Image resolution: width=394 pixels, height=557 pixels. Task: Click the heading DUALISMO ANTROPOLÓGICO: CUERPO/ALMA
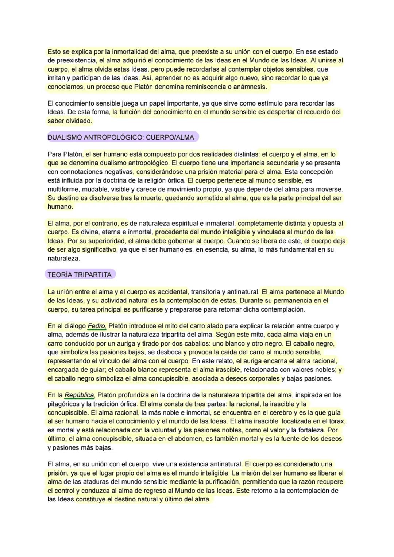(x=121, y=137)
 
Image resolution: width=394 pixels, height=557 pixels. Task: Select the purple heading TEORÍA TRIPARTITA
(x=80, y=275)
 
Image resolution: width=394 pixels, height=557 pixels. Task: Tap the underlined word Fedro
(x=96, y=326)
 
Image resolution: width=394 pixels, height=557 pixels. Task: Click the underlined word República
(x=79, y=395)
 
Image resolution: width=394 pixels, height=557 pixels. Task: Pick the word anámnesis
(x=250, y=87)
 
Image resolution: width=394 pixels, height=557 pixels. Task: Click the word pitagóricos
(x=65, y=404)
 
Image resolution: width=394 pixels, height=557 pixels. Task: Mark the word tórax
(x=336, y=421)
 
